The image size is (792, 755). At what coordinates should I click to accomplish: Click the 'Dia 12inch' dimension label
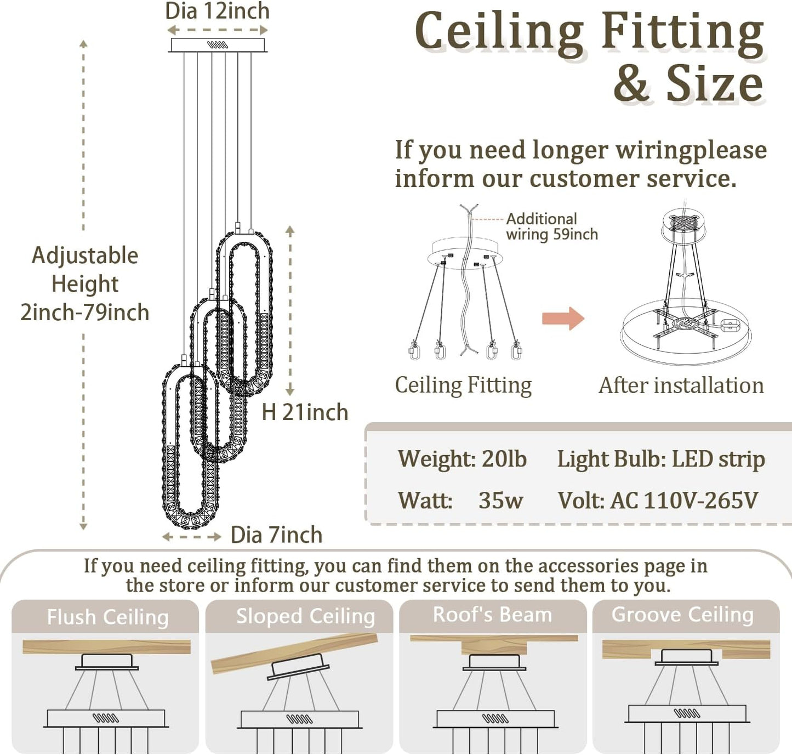pos(217,11)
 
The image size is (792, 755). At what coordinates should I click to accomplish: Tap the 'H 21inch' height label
pos(305,412)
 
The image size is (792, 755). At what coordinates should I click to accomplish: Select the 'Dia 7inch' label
pos(276,535)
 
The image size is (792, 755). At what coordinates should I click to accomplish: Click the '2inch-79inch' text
pos(85,313)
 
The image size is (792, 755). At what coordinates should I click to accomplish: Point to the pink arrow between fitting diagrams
pos(563,319)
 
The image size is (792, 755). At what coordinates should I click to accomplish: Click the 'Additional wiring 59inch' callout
pos(551,226)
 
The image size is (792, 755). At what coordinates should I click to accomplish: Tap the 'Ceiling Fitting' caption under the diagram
pos(463,385)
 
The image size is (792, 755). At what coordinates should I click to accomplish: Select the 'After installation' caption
pos(681,385)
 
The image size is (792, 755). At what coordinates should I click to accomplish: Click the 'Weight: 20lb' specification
pos(462,459)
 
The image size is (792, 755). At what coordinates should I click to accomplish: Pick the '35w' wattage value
pos(500,501)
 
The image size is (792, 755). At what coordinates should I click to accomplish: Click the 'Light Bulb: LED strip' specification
pos(661,459)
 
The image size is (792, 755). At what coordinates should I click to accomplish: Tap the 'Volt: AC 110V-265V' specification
pos(658,501)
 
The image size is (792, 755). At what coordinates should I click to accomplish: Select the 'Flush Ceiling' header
pos(107,617)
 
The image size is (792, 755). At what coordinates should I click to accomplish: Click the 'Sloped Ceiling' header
pos(305,616)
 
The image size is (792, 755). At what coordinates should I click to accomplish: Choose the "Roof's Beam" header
pos(492,615)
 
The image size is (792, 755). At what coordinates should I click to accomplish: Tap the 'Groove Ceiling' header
pos(682,615)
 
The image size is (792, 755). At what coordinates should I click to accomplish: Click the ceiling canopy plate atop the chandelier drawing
pos(218,45)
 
